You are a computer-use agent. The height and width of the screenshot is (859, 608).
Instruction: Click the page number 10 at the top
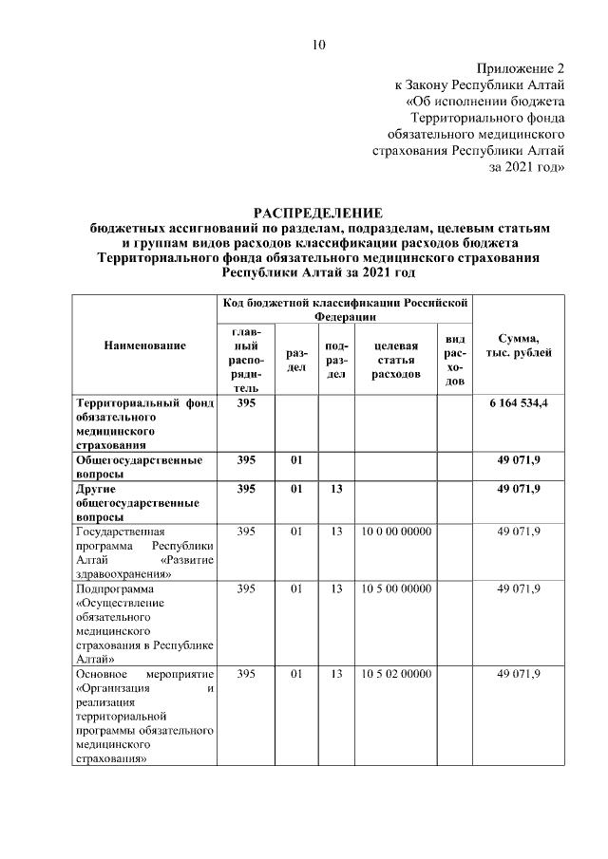(x=318, y=45)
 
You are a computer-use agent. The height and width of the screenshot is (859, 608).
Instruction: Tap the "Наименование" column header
(x=145, y=346)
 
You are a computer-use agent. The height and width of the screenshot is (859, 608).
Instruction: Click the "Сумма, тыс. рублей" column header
(x=519, y=346)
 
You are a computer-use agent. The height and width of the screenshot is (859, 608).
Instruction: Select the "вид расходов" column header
(x=455, y=360)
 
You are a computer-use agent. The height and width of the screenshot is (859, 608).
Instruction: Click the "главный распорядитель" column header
(x=246, y=360)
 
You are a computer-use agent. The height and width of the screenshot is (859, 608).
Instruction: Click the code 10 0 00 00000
(x=396, y=532)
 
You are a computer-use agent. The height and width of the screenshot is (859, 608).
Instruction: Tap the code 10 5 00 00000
(x=396, y=589)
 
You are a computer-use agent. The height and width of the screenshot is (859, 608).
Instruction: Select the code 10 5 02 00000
(x=396, y=674)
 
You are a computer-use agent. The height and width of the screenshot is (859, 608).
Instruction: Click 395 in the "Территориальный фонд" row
(x=246, y=403)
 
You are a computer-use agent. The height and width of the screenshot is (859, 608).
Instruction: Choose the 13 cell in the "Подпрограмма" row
(x=335, y=589)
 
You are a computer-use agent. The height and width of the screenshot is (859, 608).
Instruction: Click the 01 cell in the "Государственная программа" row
(x=295, y=532)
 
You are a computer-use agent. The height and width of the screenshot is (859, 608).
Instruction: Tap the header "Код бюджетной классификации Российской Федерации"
(x=345, y=308)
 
